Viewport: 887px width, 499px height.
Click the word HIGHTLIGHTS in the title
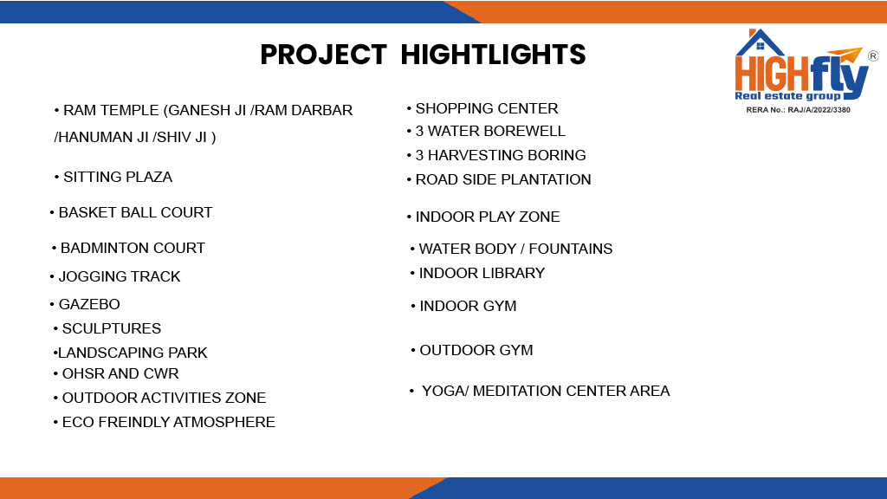click(x=493, y=55)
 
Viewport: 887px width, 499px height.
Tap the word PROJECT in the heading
click(x=324, y=55)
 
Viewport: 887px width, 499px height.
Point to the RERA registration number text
click(x=798, y=110)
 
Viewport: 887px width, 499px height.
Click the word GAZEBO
click(x=89, y=304)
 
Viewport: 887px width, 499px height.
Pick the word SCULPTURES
click(x=112, y=328)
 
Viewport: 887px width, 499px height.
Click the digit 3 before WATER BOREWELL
click(x=419, y=132)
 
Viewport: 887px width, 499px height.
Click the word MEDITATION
click(x=517, y=391)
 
